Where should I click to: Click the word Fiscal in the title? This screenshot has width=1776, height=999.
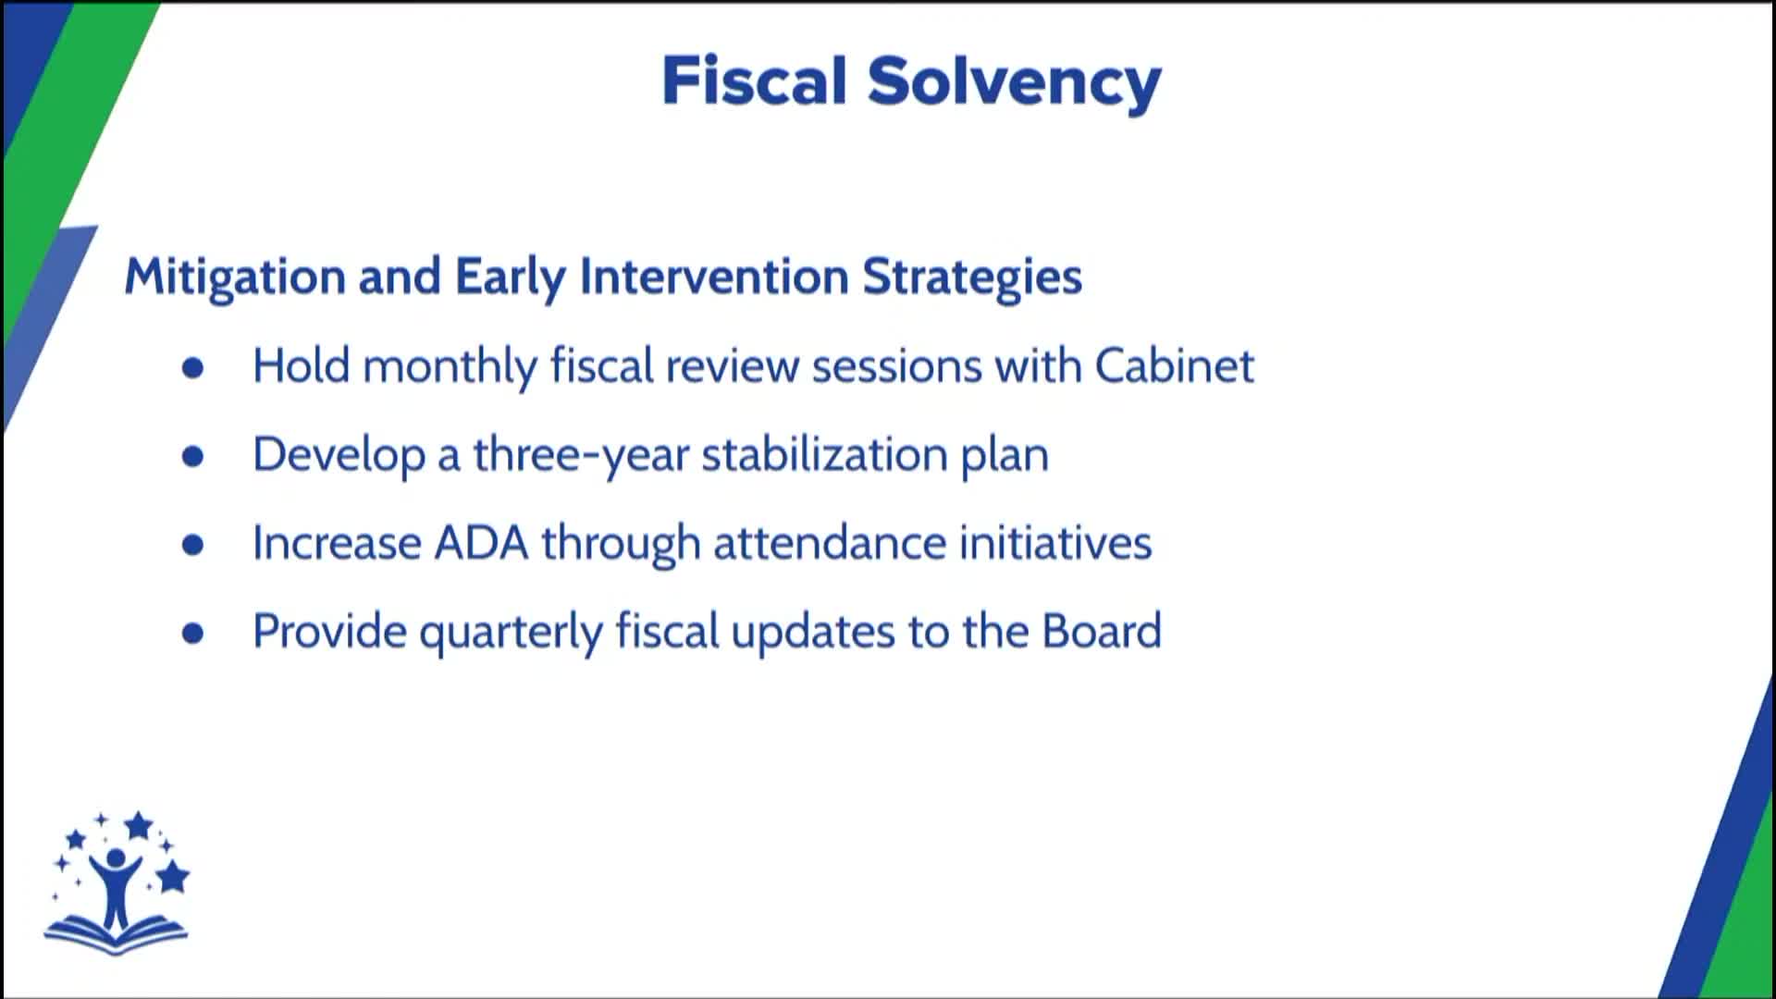754,81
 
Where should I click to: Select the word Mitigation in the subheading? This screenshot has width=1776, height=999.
235,277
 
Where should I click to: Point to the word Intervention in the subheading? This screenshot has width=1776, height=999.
713,277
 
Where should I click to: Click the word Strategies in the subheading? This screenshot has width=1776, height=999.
971,277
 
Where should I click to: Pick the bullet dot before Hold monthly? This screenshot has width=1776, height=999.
192,368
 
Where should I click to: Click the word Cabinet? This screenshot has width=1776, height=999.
1174,365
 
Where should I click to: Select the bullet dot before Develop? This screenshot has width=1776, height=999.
192,456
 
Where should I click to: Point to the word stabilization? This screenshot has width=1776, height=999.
824,454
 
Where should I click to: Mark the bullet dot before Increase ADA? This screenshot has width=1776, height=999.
192,545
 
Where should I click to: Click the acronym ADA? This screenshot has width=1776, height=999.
481,542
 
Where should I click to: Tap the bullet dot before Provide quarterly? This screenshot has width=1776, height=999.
192,633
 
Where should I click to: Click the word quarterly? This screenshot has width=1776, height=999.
511,633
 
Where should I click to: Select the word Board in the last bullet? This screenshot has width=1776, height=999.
1101,631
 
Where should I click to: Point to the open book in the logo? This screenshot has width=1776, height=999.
116,935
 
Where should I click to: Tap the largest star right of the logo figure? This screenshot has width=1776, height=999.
172,875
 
